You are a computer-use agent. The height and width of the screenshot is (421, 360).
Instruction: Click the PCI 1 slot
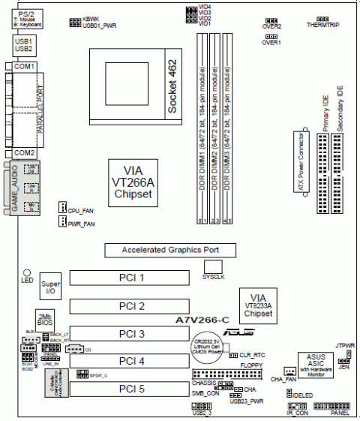131,278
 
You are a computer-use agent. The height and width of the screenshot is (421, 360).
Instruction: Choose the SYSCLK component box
214,267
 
